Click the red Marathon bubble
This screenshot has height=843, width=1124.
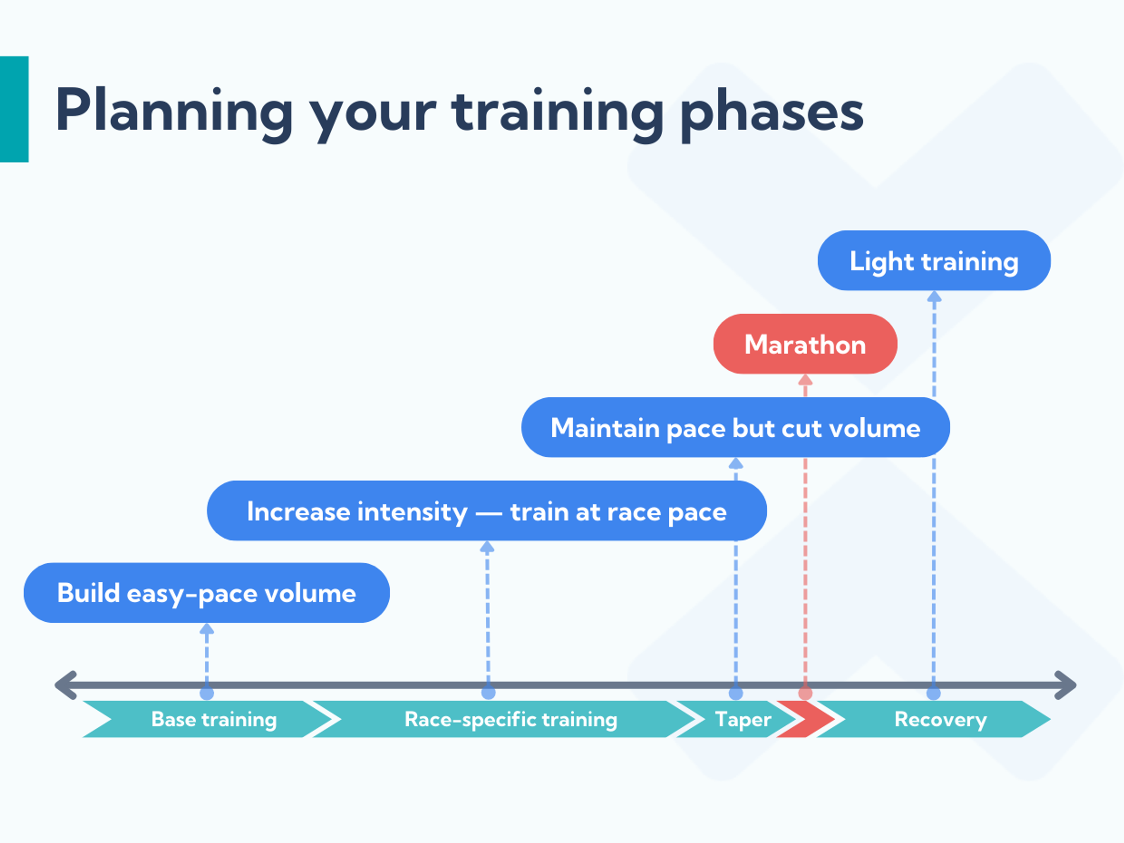coord(805,344)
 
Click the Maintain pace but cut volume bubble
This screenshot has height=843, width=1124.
coord(735,427)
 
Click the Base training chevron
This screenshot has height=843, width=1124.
coord(213,719)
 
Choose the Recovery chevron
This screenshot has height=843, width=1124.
coord(940,719)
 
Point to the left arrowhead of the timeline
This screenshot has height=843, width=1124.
coord(65,685)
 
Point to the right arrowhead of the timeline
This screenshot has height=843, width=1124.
coord(1066,685)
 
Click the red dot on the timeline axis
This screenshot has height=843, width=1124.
coord(805,693)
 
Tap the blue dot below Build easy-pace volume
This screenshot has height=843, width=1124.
coord(206,693)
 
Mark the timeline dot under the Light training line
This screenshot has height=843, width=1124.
coord(933,693)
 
